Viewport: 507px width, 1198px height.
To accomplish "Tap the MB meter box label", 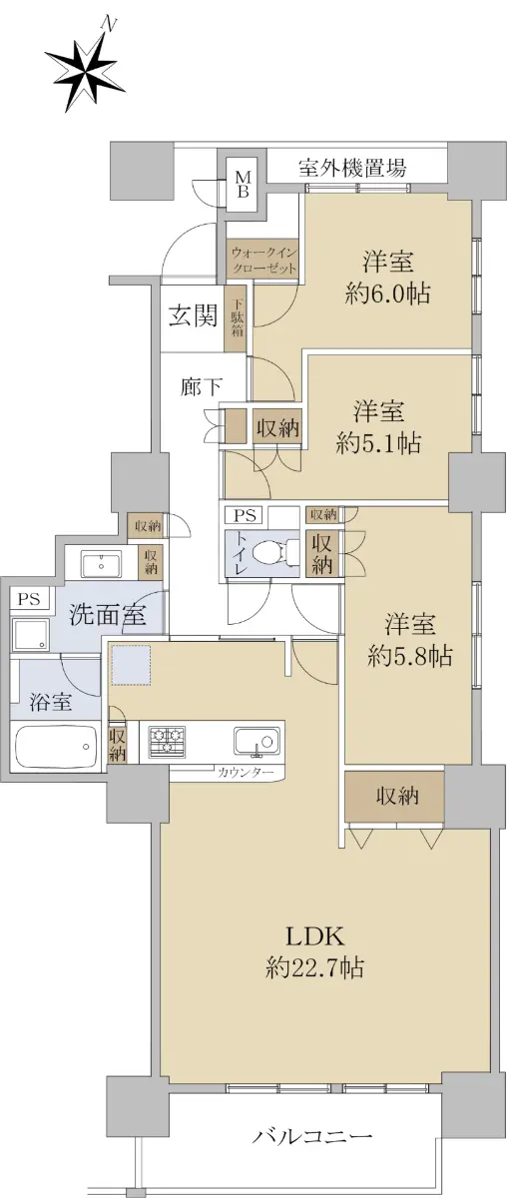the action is [x=243, y=184].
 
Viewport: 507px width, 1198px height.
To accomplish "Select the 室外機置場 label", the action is [x=352, y=168].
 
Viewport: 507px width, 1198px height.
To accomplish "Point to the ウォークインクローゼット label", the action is [x=263, y=260].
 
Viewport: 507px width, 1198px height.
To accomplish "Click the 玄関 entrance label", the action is [x=193, y=316].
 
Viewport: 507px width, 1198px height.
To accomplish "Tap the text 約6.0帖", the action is [x=388, y=295].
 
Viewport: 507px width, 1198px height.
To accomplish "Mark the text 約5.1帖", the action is [x=378, y=443].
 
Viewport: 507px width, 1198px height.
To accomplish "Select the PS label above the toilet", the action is [x=245, y=516].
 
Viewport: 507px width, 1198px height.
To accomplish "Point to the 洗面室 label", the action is [x=108, y=615].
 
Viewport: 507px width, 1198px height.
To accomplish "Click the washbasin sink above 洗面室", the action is [x=101, y=564].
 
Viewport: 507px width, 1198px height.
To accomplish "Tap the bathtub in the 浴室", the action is [x=56, y=746].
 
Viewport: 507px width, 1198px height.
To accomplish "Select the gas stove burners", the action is [x=168, y=740].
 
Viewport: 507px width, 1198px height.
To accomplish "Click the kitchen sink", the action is [x=256, y=740].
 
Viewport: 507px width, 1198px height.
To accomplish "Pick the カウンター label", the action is [x=246, y=773].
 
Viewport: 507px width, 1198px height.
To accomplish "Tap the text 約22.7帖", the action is [x=315, y=967].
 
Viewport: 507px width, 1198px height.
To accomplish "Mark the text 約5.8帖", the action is [x=409, y=655].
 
